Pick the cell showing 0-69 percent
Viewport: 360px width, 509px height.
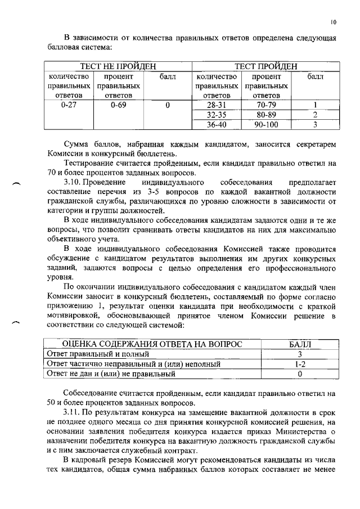pyautogui.click(x=118, y=105)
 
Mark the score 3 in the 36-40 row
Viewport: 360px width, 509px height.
pyautogui.click(x=316, y=124)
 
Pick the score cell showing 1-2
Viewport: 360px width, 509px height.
pyautogui.click(x=300, y=364)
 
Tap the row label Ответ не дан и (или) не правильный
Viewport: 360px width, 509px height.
pyautogui.click(x=111, y=373)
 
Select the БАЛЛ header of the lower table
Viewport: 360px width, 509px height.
pyautogui.click(x=300, y=344)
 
